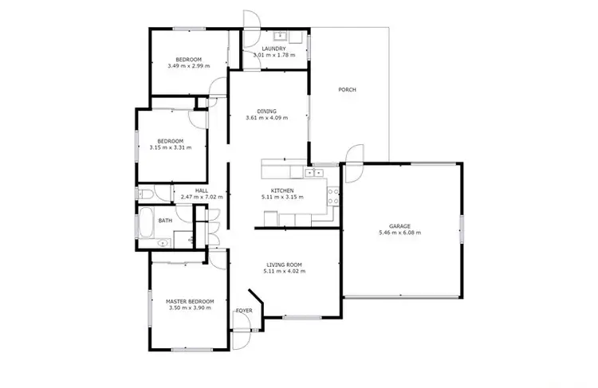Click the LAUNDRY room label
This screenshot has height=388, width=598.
tap(273, 49)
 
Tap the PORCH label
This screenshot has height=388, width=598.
tap(347, 89)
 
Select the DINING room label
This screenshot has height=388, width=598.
tap(266, 111)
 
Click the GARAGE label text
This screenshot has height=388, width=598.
tap(399, 226)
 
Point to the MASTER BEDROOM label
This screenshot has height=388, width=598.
tap(190, 301)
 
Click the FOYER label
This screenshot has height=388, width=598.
tap(244, 311)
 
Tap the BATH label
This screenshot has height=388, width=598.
tap(165, 221)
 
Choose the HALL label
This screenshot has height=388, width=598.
tap(202, 190)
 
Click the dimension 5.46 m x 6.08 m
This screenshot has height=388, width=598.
tap(399, 233)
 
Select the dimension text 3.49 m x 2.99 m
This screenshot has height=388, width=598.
tap(189, 66)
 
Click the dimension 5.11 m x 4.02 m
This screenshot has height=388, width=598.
tap(284, 272)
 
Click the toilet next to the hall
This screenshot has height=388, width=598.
tap(144, 194)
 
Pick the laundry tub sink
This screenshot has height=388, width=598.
tap(281, 37)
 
